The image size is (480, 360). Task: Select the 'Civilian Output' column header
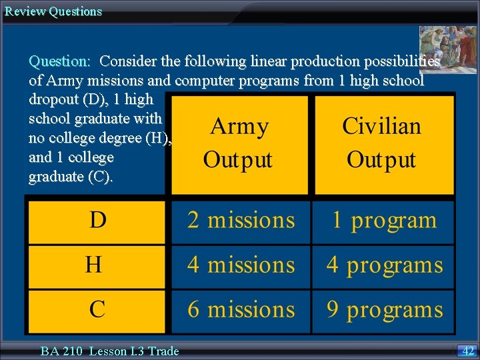click(381, 143)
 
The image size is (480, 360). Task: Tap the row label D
click(97, 221)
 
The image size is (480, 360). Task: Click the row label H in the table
click(94, 265)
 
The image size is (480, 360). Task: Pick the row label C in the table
click(97, 309)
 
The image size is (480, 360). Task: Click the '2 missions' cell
click(241, 221)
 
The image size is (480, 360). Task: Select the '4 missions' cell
click(241, 265)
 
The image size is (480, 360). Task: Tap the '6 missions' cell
click(241, 309)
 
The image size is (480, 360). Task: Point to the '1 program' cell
click(384, 221)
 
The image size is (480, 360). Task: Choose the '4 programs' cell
click(384, 265)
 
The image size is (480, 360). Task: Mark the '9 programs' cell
click(384, 309)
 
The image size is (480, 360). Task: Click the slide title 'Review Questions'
click(53, 11)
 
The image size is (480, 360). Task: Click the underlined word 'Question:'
click(60, 61)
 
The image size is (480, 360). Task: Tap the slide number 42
click(468, 351)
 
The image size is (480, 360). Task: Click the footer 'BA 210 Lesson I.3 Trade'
click(109, 351)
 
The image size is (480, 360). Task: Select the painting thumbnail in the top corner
click(448, 49)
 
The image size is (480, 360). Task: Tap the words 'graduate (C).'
click(71, 177)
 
